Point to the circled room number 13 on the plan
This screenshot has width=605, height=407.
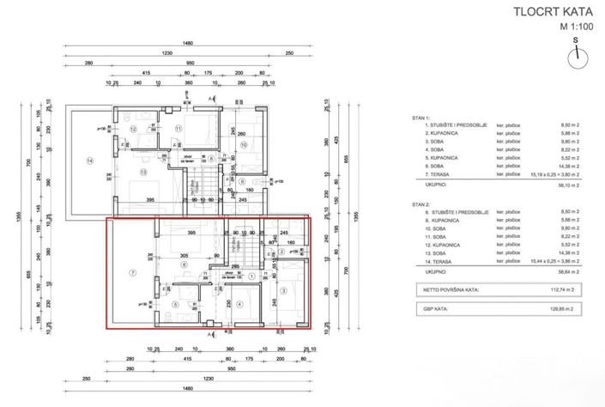click(x=142, y=173)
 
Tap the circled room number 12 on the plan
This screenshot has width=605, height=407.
click(x=133, y=129)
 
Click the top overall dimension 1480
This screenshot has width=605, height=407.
click(x=186, y=44)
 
